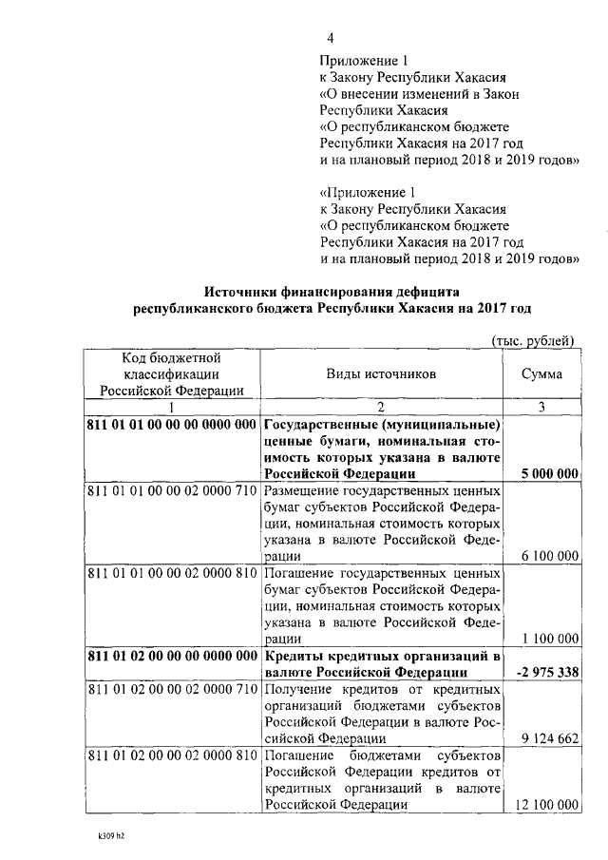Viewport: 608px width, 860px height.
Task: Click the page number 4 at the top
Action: [331, 38]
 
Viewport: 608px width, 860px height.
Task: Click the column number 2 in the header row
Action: [380, 407]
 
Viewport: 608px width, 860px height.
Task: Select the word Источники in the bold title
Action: [250, 292]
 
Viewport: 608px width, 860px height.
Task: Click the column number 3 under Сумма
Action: [541, 407]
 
